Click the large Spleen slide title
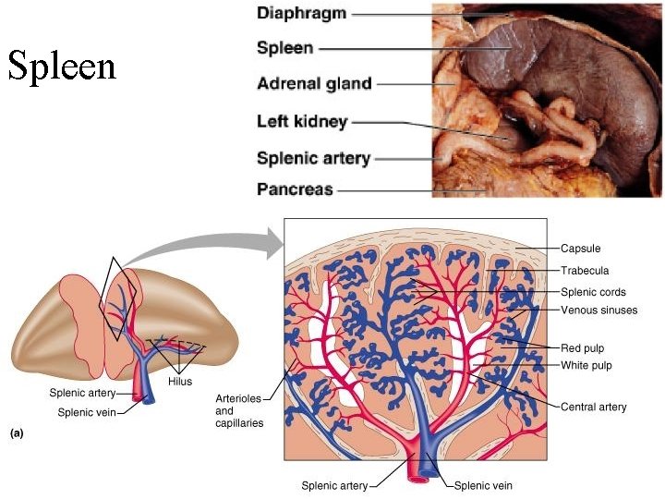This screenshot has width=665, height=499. point(62,66)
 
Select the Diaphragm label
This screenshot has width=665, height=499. point(303,14)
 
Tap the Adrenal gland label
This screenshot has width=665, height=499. point(314,84)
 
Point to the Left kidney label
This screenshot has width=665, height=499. point(302,121)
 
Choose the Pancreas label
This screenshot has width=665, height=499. point(295,189)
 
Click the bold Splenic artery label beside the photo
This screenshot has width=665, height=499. point(313,158)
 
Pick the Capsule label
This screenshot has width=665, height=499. point(580,249)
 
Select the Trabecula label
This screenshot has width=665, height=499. point(585,271)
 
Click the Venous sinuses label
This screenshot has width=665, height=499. point(598,310)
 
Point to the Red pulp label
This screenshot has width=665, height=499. point(583,348)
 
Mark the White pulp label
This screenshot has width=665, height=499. point(586,366)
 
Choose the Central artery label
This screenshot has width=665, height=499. point(593,407)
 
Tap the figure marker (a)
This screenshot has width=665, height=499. point(17,432)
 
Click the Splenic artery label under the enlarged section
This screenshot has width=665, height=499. point(334,485)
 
